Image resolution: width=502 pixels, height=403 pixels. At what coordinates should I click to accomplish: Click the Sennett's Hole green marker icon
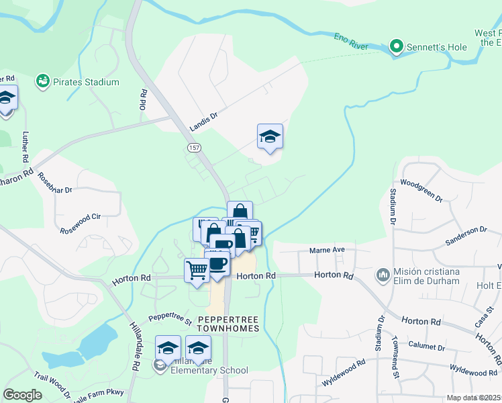[396, 46]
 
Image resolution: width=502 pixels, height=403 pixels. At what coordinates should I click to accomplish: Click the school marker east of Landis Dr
[270, 136]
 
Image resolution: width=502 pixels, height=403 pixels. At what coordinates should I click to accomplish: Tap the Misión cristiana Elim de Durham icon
[383, 274]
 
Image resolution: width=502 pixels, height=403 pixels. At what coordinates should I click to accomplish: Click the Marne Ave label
[327, 250]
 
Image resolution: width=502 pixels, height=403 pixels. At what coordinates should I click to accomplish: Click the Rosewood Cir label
[80, 218]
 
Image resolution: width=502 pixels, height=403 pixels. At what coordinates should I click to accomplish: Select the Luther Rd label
[26, 148]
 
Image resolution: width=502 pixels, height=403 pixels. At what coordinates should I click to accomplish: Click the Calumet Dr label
[427, 348]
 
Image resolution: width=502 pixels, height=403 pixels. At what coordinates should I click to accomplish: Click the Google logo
[22, 395]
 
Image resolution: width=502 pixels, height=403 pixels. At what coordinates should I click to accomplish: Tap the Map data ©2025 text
[472, 398]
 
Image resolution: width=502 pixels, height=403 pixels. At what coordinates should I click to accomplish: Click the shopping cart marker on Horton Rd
[197, 270]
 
